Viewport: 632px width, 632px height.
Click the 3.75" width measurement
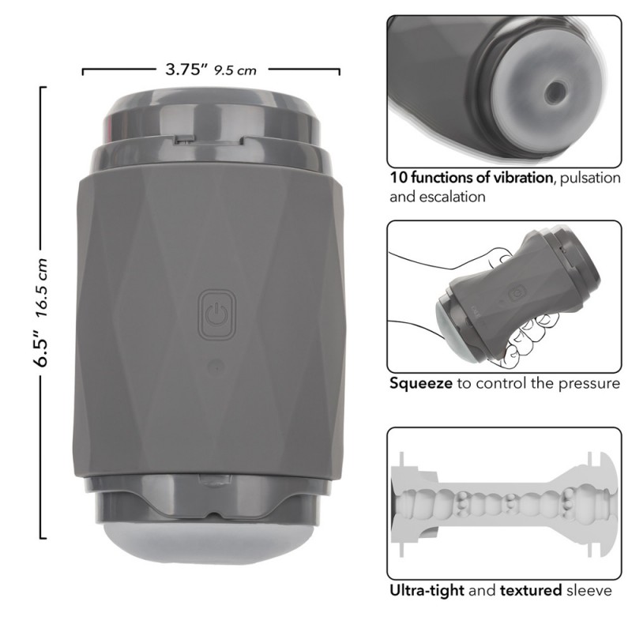pos(186,69)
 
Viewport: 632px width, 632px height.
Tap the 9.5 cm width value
pos(235,70)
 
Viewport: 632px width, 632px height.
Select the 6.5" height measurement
pos(41,348)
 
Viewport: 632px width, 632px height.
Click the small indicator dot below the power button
pos(217,367)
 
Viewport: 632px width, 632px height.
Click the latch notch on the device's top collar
pos(209,140)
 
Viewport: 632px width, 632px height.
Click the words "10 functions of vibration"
pos(471,177)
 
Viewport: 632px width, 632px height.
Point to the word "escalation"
pos(452,197)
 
